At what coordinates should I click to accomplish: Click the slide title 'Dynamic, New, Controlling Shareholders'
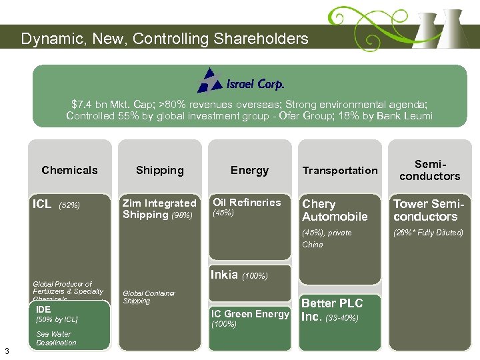tap(165, 39)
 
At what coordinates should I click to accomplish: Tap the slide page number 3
tap(6, 351)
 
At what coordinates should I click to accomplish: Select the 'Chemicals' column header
tap(69, 170)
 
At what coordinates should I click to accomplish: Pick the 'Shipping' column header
tap(159, 170)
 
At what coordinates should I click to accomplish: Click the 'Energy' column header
tap(249, 170)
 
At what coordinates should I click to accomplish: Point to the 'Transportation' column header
tap(340, 171)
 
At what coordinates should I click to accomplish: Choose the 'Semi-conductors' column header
tap(429, 170)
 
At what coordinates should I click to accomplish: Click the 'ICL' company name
tap(42, 204)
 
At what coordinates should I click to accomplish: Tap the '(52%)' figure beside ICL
tap(70, 205)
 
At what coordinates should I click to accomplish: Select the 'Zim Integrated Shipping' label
tap(159, 209)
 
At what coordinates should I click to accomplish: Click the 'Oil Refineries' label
tap(247, 203)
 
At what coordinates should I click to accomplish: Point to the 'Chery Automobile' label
tap(335, 210)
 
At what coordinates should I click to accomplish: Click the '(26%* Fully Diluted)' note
tap(428, 233)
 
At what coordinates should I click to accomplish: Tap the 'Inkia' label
tap(224, 274)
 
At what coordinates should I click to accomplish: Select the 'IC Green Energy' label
tap(250, 314)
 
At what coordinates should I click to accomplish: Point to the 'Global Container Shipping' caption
tap(149, 297)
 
